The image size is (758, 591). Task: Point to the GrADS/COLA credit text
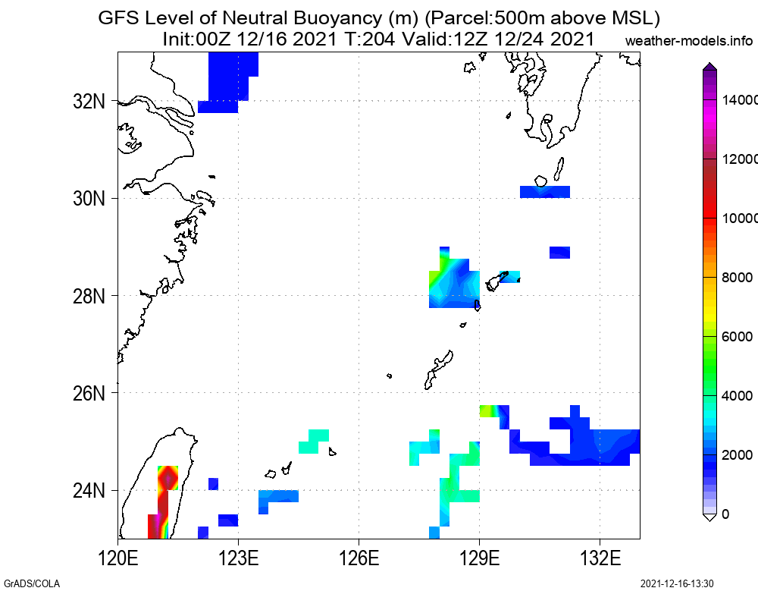click(30, 583)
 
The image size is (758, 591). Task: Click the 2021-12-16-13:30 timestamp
click(677, 583)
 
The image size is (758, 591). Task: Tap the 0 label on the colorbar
click(726, 514)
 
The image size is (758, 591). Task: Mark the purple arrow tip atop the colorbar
click(709, 68)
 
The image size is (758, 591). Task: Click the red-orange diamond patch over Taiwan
click(168, 478)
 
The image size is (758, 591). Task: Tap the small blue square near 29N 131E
click(559, 253)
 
